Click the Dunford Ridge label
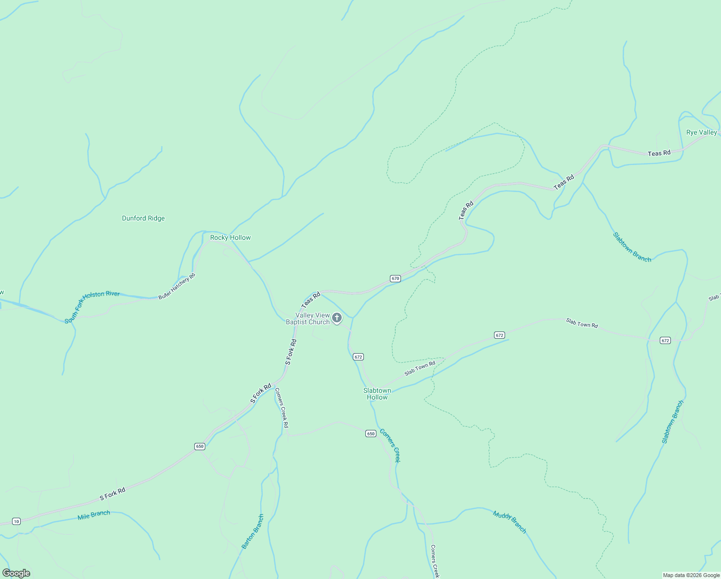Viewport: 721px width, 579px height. [143, 218]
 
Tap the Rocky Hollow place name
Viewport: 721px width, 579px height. [230, 237]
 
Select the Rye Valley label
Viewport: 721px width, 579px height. [701, 132]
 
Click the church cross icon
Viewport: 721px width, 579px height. [337, 317]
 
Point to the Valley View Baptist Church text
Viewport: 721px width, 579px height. [308, 318]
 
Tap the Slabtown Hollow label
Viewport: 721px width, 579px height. [377, 394]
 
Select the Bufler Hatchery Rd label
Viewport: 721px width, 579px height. [177, 287]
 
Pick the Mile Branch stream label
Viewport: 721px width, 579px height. [94, 515]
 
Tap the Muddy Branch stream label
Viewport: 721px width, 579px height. [509, 522]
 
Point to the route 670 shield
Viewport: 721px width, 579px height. [395, 278]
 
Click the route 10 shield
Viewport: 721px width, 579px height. [16, 521]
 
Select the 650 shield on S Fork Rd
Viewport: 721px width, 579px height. [200, 446]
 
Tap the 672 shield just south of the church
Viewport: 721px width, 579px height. [358, 357]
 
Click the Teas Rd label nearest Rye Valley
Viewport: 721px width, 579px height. [659, 153]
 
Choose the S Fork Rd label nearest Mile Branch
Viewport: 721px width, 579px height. [112, 494]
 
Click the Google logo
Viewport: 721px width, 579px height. [16, 573]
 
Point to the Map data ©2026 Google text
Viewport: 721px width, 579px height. [691, 575]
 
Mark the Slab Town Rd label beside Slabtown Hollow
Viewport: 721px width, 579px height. [420, 368]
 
